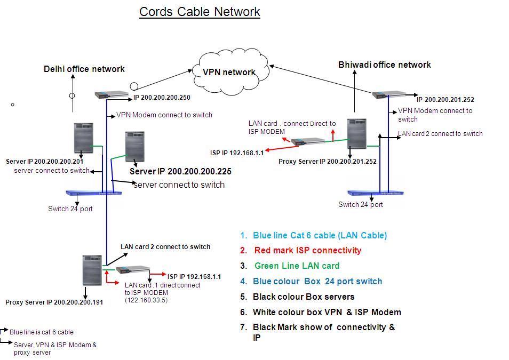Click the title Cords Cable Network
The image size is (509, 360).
[x=200, y=12]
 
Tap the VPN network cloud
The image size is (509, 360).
[x=229, y=71]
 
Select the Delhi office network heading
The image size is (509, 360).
[x=84, y=69]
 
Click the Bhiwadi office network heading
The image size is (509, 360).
[x=384, y=65]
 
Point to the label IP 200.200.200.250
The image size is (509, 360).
[x=162, y=98]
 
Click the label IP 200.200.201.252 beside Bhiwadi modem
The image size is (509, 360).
[x=445, y=99]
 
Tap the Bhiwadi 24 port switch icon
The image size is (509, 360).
[x=376, y=193]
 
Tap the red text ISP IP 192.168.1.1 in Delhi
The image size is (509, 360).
[x=194, y=277]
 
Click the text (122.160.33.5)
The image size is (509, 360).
[x=146, y=300]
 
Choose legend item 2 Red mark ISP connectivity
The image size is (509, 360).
[x=307, y=250]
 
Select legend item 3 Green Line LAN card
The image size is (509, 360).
[x=297, y=266]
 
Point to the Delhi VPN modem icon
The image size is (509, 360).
[x=112, y=94]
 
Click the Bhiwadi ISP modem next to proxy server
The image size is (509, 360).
[x=308, y=142]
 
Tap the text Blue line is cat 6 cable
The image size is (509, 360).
[x=42, y=332]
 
